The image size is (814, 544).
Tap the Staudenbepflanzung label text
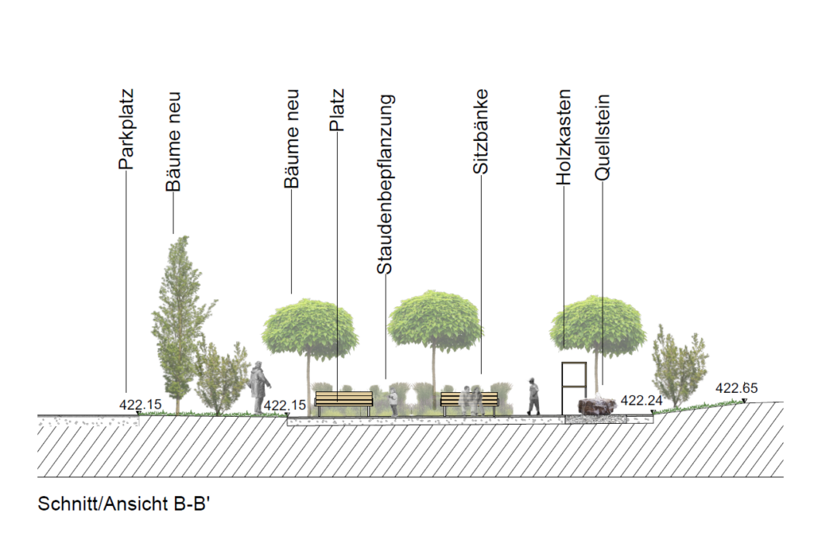[x=386, y=185]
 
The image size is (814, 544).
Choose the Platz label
[x=337, y=112]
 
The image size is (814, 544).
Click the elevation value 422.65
[x=737, y=389]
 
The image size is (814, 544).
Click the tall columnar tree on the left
[x=175, y=318]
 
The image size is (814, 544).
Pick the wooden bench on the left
[x=343, y=399]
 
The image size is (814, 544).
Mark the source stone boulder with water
[x=598, y=406]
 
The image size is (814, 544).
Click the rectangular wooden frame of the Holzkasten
[x=574, y=385]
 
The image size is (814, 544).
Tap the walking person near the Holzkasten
[x=533, y=396]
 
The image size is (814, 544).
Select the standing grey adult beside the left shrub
[x=258, y=387]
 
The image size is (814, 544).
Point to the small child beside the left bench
[x=393, y=401]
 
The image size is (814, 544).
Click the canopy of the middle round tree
[x=436, y=320]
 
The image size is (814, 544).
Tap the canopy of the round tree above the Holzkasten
[x=587, y=324]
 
